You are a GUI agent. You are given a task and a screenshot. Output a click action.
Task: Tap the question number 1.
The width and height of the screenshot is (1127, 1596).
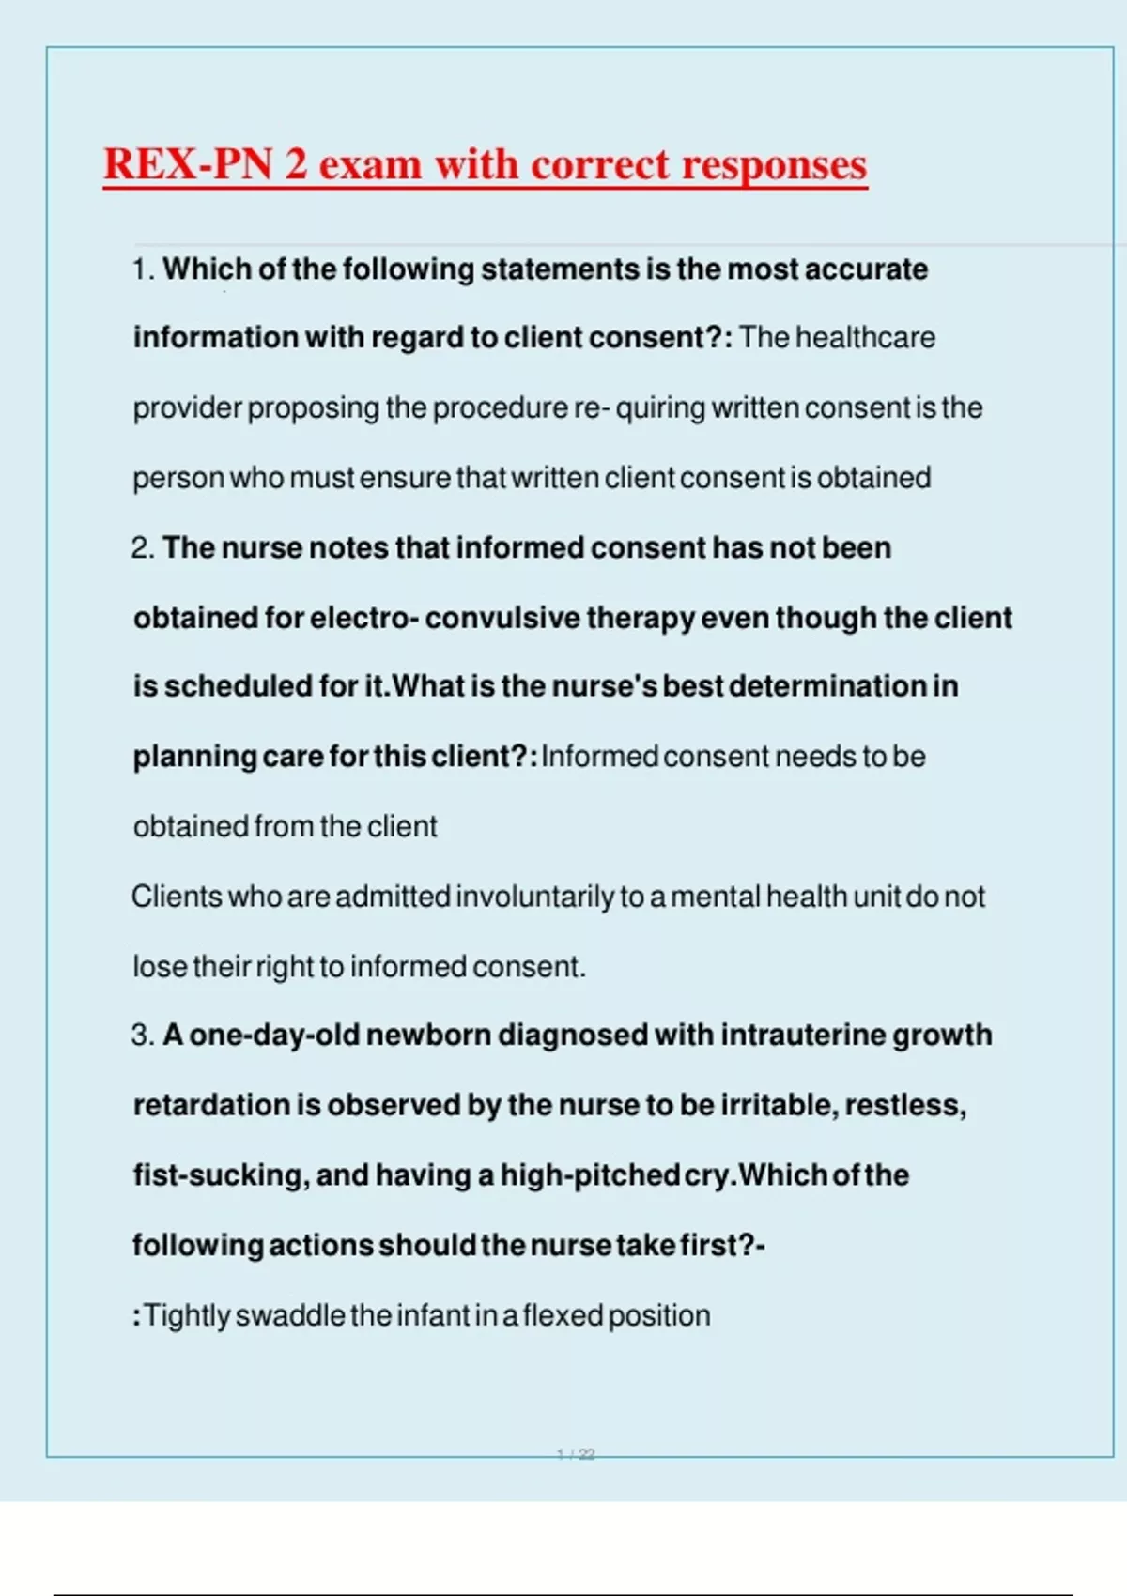pos(141,269)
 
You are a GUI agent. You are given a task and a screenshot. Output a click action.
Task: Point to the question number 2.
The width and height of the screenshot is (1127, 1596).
pos(141,548)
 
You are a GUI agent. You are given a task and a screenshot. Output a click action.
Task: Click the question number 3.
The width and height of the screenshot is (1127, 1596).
pos(142,1036)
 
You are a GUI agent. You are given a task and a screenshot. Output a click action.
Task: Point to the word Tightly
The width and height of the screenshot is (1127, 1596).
pos(186,1316)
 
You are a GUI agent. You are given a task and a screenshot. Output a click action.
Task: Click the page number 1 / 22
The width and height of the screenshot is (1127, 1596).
pos(576,1454)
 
